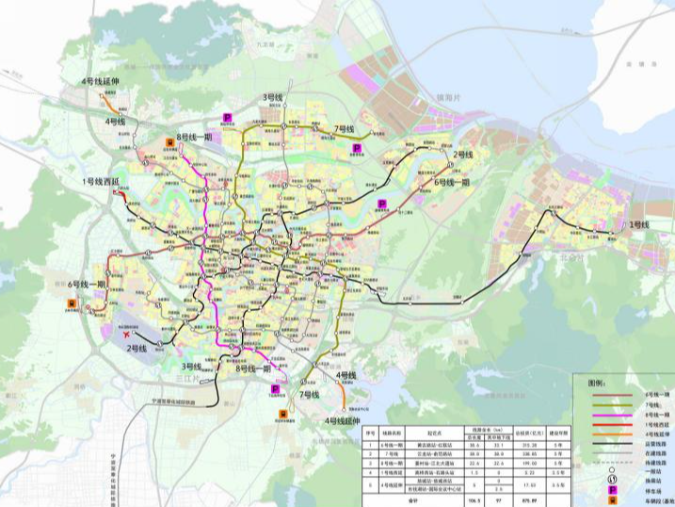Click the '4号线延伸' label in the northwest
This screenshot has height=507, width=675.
[103, 82]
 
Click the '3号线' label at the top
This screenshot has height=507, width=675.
[273, 98]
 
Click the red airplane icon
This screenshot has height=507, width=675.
[125, 335]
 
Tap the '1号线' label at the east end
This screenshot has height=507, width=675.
[639, 224]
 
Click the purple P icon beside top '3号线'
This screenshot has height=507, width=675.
[227, 115]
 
